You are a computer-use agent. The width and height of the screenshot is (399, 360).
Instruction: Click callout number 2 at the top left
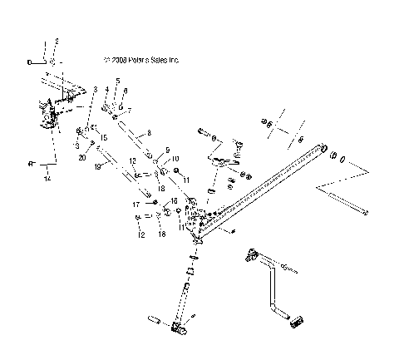[56, 41]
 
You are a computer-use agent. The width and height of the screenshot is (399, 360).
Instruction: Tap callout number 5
[117, 81]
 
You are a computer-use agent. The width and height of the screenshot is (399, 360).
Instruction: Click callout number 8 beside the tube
[149, 133]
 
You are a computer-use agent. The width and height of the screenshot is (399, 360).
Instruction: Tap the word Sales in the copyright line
[157, 60]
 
